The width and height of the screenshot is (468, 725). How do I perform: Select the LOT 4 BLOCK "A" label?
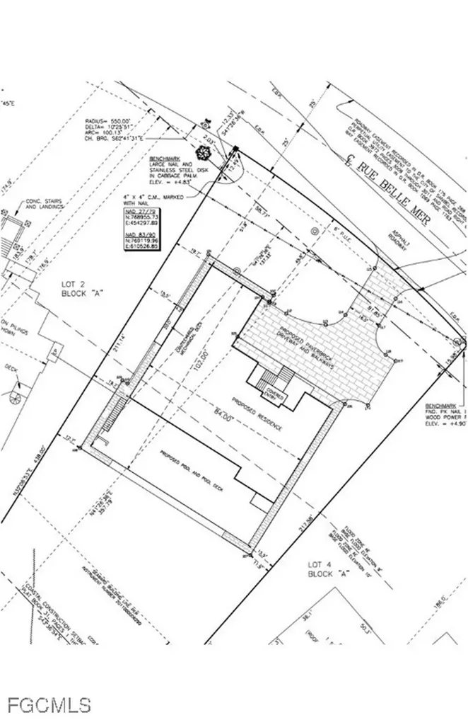[329, 569]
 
